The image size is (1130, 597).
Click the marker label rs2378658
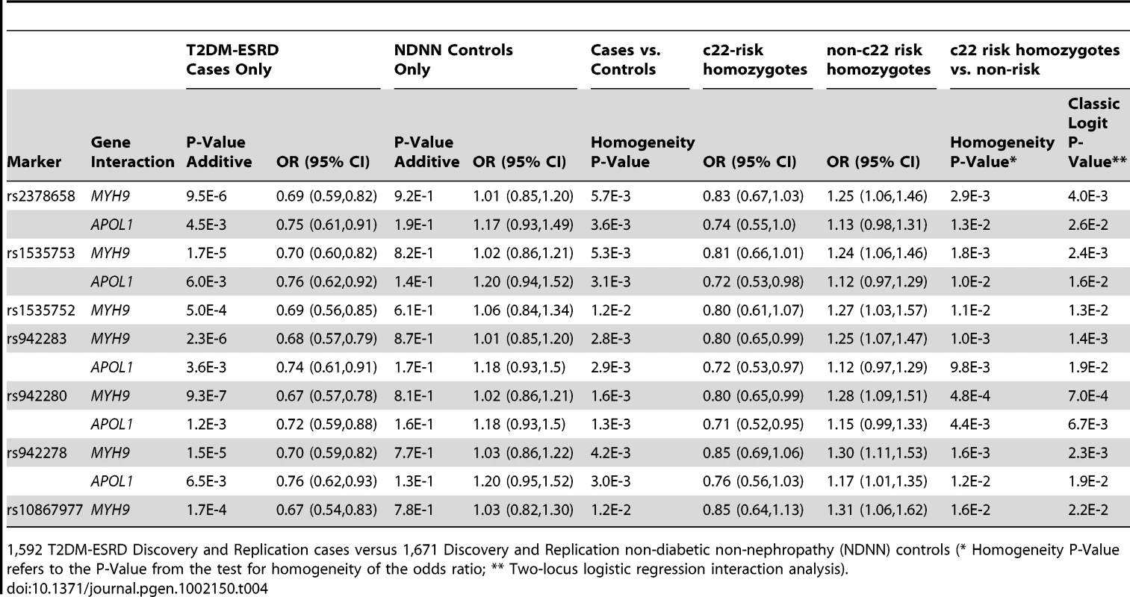[x=41, y=196]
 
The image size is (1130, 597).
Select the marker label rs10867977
[x=45, y=510]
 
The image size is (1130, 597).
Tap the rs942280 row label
[x=37, y=396]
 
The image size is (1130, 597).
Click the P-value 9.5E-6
[x=206, y=196]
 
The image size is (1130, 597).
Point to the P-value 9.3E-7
[x=206, y=396]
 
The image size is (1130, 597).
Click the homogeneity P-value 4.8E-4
[x=970, y=396]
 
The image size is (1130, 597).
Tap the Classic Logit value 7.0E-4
[x=1088, y=396]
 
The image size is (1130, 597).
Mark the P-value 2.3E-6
[x=206, y=338]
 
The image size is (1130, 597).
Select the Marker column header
[x=34, y=162]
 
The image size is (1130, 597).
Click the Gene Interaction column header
[x=133, y=151]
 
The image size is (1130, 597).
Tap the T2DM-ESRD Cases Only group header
[x=232, y=60]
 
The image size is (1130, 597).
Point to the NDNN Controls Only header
[x=453, y=60]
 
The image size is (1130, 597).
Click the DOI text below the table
[x=137, y=589]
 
